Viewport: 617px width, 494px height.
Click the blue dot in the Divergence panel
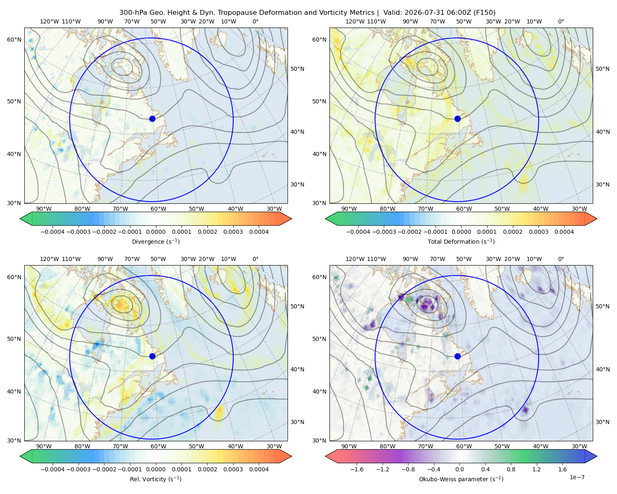(152, 119)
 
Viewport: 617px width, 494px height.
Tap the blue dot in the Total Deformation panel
(457, 119)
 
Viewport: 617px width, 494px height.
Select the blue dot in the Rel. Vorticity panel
(152, 356)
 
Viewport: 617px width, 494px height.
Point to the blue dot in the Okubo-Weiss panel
(457, 356)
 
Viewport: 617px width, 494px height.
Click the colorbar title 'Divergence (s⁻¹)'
(155, 241)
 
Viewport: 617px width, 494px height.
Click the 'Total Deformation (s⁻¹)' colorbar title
(461, 241)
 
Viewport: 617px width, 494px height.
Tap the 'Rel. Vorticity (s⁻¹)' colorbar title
(155, 479)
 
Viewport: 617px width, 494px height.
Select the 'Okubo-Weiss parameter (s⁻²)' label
(461, 479)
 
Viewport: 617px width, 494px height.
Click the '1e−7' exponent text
(577, 478)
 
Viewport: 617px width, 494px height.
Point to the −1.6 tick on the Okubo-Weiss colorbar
(357, 469)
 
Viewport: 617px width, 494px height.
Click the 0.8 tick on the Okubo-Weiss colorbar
(511, 469)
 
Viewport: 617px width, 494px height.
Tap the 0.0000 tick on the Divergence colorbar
(155, 232)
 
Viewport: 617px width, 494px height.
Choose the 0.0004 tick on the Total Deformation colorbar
(564, 232)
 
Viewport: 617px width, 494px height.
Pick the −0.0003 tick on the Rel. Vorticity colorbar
(78, 469)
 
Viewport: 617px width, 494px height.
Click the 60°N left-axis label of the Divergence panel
(14, 40)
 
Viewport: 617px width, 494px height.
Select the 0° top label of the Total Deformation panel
(561, 21)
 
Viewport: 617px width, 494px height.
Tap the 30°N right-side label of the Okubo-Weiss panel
(602, 422)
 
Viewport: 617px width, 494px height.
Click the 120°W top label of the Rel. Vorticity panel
(49, 259)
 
